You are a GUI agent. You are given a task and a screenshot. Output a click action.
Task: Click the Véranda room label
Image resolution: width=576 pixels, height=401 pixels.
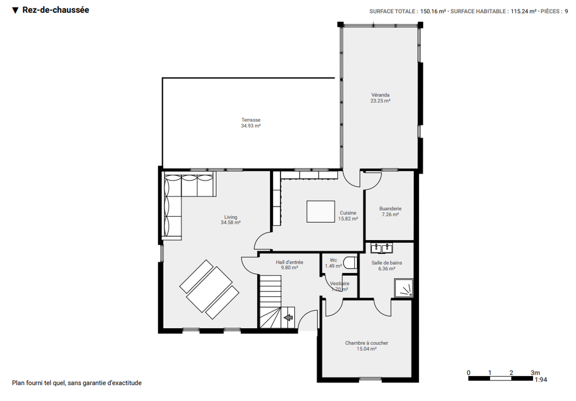pyautogui.click(x=380, y=98)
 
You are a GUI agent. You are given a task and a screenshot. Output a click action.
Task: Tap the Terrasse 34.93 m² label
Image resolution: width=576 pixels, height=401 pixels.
pyautogui.click(x=251, y=123)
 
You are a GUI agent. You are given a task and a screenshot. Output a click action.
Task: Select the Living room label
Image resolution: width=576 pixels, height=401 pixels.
pyautogui.click(x=231, y=220)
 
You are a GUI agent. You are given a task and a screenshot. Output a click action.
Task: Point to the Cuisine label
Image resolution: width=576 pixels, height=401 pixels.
pyautogui.click(x=348, y=216)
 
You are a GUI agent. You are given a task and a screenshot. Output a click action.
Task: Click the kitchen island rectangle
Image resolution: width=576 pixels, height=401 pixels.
pyautogui.click(x=321, y=212)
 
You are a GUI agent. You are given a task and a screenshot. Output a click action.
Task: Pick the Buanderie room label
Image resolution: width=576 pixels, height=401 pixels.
pyautogui.click(x=390, y=211)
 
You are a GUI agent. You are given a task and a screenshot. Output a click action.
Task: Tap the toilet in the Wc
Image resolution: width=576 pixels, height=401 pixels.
pyautogui.click(x=350, y=263)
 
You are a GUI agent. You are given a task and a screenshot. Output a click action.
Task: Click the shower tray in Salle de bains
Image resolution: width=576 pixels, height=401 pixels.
pyautogui.click(x=404, y=288)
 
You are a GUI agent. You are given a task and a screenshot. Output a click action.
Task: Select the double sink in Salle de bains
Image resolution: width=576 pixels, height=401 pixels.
pyautogui.click(x=382, y=248)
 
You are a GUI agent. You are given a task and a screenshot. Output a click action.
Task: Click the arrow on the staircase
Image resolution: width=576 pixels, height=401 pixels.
pyautogui.click(x=288, y=317)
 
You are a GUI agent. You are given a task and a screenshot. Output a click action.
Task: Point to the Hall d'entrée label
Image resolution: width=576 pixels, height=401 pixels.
pyautogui.click(x=290, y=265)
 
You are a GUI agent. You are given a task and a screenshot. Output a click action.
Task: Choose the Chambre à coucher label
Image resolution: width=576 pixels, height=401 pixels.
pyautogui.click(x=367, y=346)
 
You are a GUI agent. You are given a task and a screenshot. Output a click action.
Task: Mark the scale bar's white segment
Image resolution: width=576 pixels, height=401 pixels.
pyautogui.click(x=500, y=379)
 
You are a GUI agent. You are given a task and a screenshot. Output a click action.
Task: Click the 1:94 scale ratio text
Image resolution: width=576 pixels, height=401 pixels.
pyautogui.click(x=541, y=380)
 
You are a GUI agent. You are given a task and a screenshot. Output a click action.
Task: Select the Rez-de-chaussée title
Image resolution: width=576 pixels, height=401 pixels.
pyautogui.click(x=56, y=10)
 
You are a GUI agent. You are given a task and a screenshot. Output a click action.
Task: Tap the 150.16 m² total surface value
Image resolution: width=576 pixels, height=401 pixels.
pyautogui.click(x=433, y=11)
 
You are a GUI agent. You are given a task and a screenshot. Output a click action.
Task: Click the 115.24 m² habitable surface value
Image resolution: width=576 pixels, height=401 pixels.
pyautogui.click(x=523, y=11)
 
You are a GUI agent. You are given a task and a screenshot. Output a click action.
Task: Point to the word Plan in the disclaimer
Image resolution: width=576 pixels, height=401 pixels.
pyautogui.click(x=18, y=383)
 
